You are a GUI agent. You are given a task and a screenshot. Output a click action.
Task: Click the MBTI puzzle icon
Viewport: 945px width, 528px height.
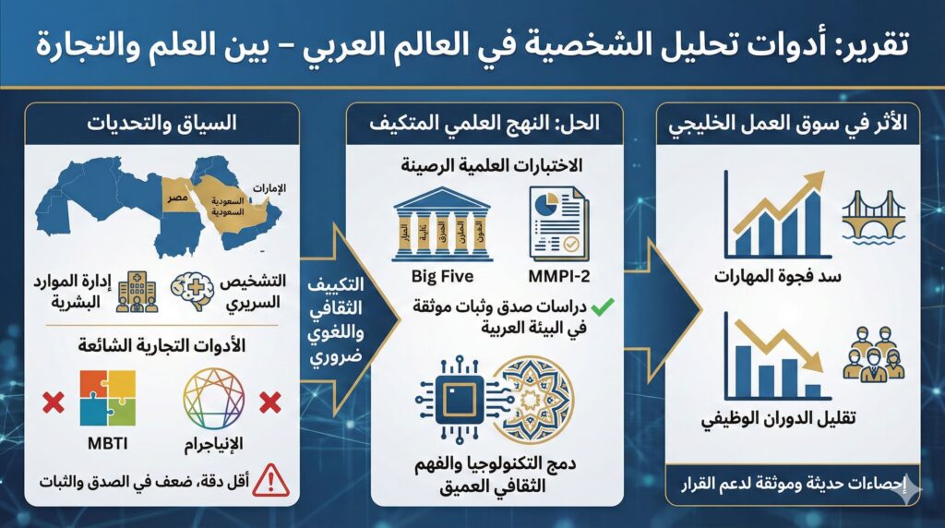[107, 398]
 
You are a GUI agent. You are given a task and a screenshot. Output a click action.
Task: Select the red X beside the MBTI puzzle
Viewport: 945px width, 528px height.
[53, 402]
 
